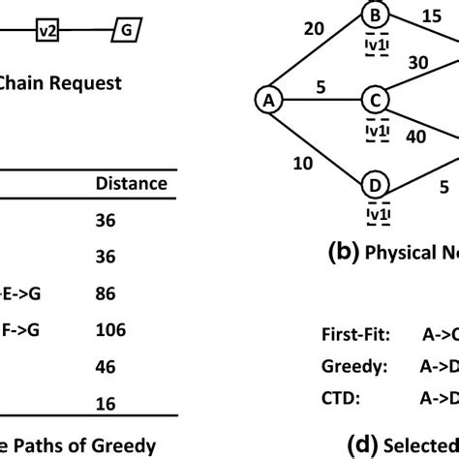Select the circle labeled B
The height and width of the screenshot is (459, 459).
tap(374, 15)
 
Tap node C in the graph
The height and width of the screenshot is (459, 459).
tap(374, 99)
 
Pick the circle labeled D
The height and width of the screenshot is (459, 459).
tap(374, 183)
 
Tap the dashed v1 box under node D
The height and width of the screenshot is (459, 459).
tap(374, 212)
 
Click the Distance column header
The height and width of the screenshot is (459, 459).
tap(131, 183)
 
